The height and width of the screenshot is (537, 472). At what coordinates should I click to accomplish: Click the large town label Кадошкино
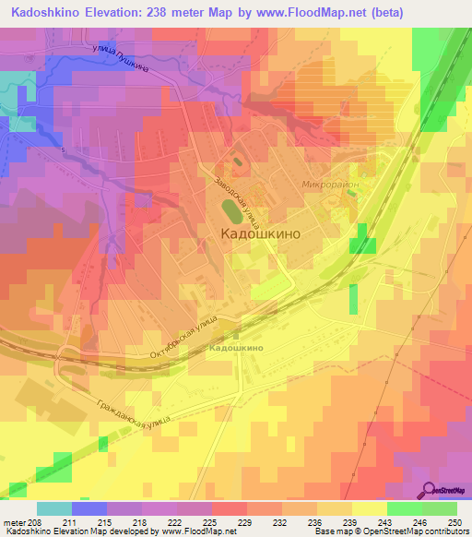[261, 235]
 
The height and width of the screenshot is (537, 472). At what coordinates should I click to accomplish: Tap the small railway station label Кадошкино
[238, 348]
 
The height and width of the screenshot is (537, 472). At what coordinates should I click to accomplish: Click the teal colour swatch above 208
[54, 508]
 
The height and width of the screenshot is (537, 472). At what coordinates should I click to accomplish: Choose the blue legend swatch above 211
[89, 508]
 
